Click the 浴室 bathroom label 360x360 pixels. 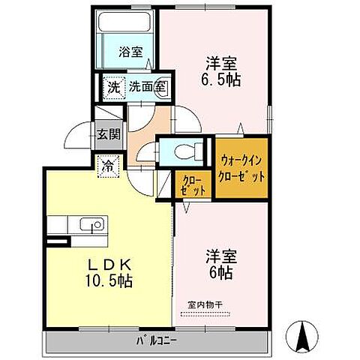pyautogui.click(x=132, y=52)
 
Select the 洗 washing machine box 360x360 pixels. pyautogui.click(x=110, y=86)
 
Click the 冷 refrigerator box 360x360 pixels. pyautogui.click(x=108, y=164)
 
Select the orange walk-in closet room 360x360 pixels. pyautogui.click(x=242, y=167)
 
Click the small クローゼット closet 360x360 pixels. pyautogui.click(x=188, y=185)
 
